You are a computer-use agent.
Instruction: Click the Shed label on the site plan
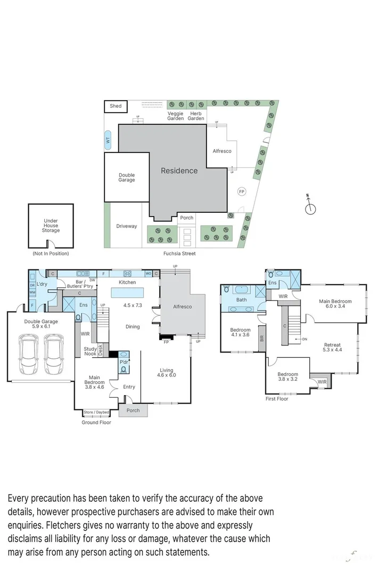(116, 106)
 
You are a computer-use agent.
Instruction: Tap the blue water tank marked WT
(108, 141)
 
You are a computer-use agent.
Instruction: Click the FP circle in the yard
(241, 191)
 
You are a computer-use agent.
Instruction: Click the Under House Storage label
(51, 226)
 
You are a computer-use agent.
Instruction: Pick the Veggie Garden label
(176, 116)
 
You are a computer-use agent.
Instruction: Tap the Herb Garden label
(196, 116)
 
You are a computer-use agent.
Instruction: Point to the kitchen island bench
(127, 293)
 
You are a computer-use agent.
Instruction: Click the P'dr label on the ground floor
(124, 362)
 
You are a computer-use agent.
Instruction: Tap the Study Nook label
(90, 352)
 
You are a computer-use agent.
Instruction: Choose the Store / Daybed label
(96, 412)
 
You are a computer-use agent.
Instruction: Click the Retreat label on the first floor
(332, 345)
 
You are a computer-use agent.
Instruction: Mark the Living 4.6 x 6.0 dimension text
(166, 375)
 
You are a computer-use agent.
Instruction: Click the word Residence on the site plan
(179, 171)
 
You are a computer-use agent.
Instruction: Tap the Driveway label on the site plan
(127, 226)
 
